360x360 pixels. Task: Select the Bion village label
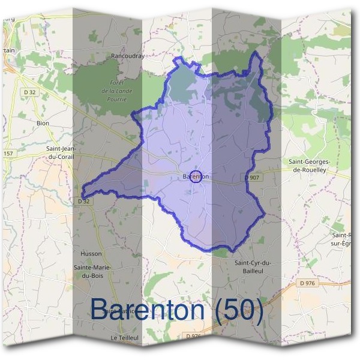tap(43, 123)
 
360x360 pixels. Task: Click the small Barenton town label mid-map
tap(195, 176)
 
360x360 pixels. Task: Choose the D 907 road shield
tap(253, 177)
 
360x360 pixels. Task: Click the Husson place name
tap(91, 254)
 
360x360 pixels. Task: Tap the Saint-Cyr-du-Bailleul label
tap(253, 268)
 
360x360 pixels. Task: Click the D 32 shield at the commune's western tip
tap(83, 201)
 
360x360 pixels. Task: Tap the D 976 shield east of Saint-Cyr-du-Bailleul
tap(306, 283)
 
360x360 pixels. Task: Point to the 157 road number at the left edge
tap(7, 154)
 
